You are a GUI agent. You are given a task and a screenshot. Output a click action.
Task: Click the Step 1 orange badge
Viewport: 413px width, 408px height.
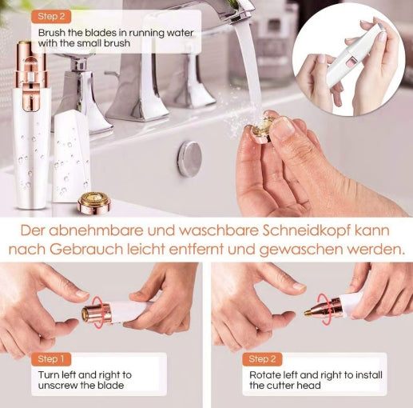click(53, 359)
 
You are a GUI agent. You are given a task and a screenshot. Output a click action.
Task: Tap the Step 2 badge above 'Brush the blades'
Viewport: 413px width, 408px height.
click(53, 15)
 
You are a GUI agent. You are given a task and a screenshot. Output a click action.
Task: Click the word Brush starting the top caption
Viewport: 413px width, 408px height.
click(54, 33)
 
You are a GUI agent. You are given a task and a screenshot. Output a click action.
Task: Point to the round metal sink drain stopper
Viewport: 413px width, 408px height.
click(189, 158)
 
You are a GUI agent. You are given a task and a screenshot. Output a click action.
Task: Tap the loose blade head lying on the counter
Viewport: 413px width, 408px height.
click(94, 204)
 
